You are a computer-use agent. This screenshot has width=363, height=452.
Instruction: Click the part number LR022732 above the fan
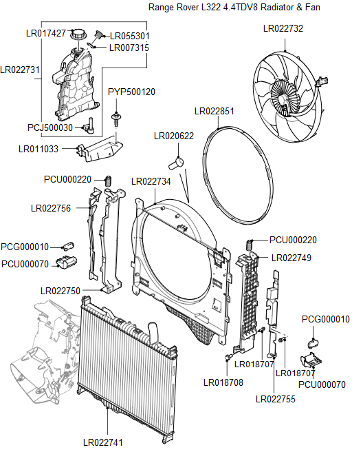point(283,29)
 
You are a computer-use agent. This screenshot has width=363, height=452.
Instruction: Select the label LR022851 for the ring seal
point(214,111)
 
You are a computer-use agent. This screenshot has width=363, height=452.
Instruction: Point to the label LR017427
point(45,33)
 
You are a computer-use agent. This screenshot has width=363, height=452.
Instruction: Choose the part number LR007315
point(129,48)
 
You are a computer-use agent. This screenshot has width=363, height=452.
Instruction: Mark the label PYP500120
point(131,92)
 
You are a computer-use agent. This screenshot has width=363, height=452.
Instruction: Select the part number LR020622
point(173,137)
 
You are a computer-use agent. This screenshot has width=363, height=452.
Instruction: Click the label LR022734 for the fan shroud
point(151,181)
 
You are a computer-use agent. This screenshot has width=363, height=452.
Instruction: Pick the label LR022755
point(275,398)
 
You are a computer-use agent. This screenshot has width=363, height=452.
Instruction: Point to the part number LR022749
point(291,258)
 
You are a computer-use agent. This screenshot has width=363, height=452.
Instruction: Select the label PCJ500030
point(50,127)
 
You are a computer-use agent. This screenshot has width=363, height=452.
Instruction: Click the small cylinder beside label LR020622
point(178,163)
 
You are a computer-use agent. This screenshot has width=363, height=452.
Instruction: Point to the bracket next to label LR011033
point(100,148)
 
